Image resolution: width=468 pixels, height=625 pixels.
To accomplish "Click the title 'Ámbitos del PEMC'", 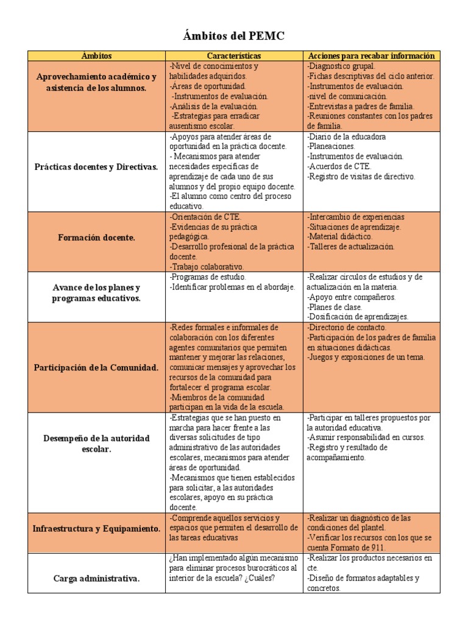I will click(233, 37).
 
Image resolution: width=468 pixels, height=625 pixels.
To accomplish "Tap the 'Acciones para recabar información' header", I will click(371, 56).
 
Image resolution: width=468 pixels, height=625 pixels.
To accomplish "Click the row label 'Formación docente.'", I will click(97, 237).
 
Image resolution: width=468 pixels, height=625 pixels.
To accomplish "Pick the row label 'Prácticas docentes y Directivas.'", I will click(97, 167).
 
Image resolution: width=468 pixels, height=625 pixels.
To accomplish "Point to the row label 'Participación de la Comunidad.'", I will click(97, 367).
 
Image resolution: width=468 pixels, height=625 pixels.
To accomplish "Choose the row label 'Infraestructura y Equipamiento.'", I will click(97, 528).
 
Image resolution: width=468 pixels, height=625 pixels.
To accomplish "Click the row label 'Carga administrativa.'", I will click(97, 579).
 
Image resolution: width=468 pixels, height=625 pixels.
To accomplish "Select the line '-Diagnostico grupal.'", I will click(341, 66).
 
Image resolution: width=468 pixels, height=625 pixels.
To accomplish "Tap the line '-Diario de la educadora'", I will click(347, 137).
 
